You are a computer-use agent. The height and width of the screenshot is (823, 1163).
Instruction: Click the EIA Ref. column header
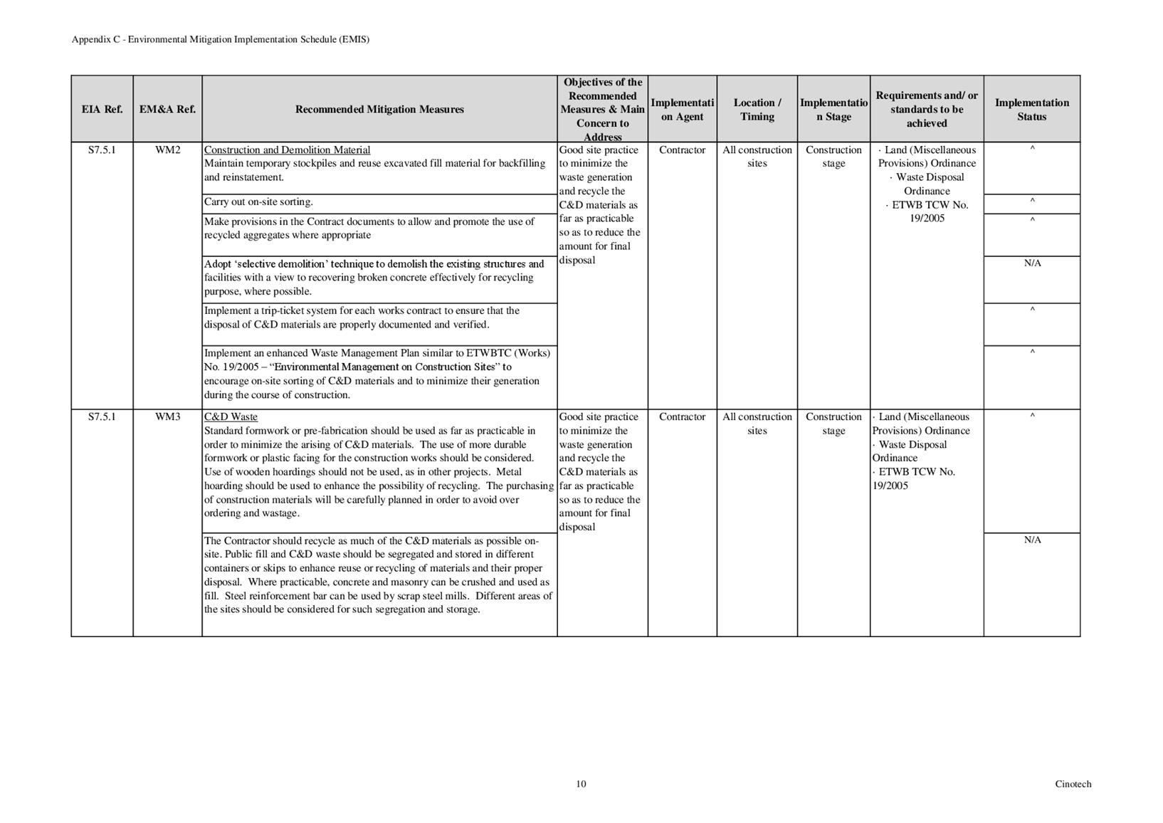(x=102, y=109)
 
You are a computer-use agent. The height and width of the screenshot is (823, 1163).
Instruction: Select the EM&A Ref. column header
(x=167, y=109)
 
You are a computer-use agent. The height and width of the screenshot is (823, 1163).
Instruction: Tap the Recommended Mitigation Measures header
(x=379, y=109)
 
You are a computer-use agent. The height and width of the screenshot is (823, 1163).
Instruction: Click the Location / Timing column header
(x=757, y=109)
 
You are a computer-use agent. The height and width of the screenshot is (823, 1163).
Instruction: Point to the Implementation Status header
(x=1031, y=109)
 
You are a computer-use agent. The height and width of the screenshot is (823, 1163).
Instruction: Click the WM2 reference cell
(x=167, y=150)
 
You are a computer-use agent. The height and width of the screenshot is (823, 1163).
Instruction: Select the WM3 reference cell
(x=167, y=417)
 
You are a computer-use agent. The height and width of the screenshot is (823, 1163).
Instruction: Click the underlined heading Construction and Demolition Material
(x=287, y=150)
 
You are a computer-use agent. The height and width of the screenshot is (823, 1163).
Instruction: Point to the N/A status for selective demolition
(x=1032, y=263)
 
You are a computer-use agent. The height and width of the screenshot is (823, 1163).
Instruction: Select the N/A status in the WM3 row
(x=1032, y=540)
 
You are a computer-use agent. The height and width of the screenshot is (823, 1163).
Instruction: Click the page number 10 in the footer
(x=581, y=784)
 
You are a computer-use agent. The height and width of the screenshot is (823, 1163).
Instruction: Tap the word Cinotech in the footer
(x=1073, y=784)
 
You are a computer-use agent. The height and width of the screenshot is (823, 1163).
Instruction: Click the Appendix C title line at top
(x=221, y=39)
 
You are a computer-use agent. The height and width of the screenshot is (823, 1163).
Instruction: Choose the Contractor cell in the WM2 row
(x=682, y=150)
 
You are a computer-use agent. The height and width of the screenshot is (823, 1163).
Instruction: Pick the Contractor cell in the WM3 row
(x=682, y=417)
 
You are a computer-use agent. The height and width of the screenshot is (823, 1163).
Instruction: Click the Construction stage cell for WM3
(x=833, y=424)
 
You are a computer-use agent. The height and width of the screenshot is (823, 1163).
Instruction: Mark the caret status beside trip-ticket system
(x=1032, y=310)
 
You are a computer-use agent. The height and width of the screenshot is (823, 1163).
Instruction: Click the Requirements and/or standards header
(x=927, y=109)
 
